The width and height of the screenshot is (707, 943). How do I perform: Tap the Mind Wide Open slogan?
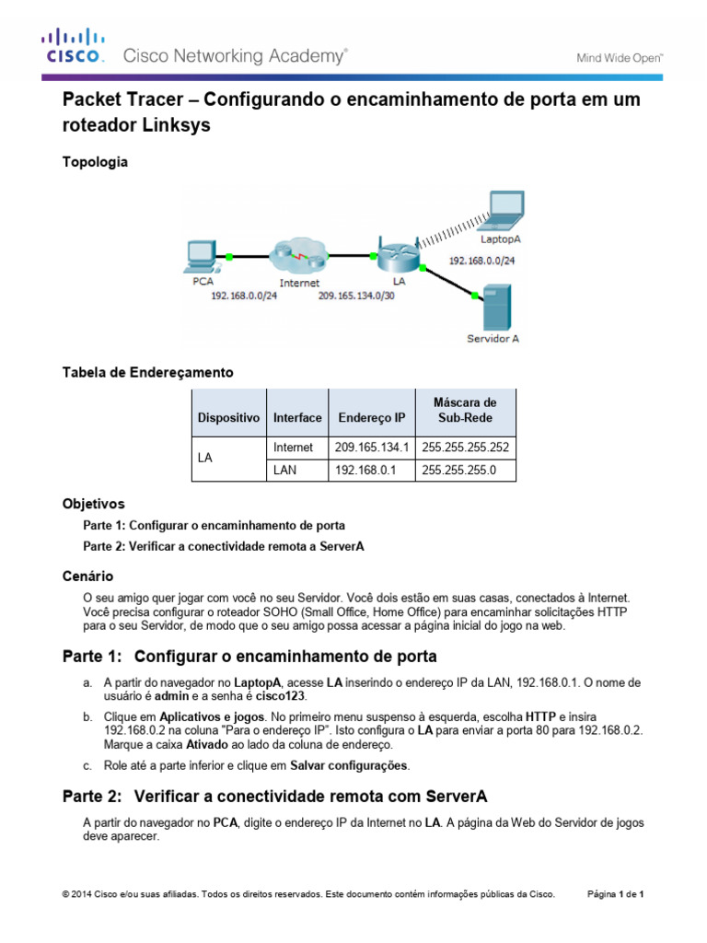620,57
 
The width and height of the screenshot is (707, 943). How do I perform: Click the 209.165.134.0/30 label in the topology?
357,297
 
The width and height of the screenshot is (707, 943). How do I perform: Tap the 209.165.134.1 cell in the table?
371,448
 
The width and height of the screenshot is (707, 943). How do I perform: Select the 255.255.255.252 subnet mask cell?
466,448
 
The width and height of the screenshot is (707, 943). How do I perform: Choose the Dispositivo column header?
228,418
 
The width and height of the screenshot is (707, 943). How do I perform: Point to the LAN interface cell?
286,471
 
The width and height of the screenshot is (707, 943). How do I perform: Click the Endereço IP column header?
371,418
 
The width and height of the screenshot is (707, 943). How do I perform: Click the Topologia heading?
95,162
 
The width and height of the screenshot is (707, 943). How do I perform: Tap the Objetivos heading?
93,505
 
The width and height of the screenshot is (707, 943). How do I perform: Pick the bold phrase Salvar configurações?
349,765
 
